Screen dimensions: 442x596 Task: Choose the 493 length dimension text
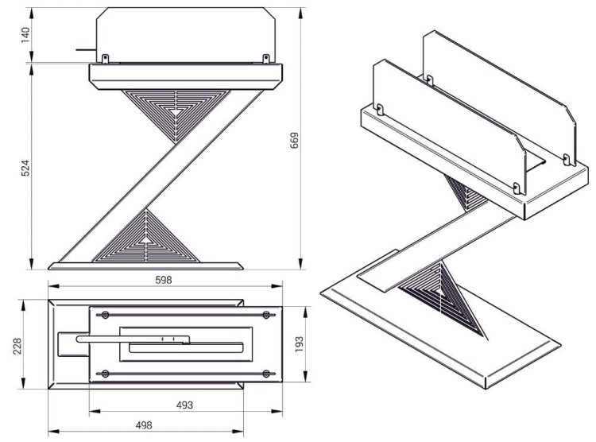184,405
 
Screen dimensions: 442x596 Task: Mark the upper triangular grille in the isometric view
465,195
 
